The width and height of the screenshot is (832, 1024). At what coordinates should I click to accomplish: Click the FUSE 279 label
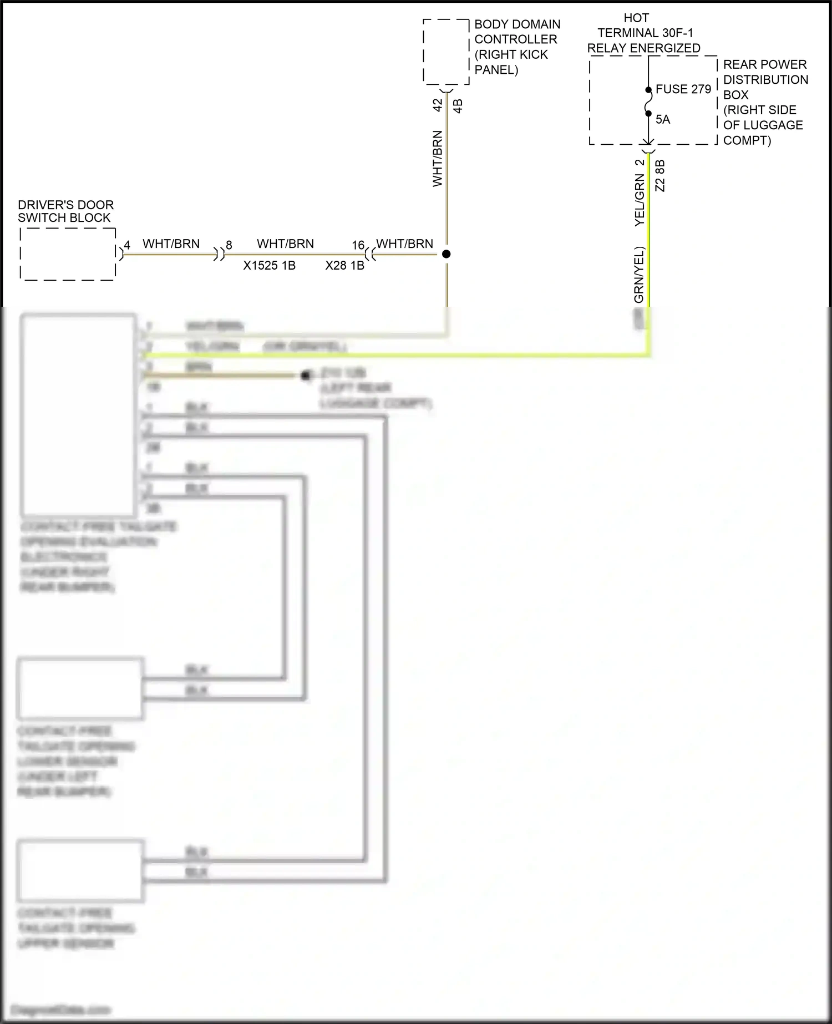683,89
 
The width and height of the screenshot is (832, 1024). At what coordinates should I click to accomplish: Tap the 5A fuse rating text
663,119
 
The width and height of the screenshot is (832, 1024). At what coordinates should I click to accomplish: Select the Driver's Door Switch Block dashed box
68,254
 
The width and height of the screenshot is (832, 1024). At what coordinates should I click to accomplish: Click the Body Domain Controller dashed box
446,52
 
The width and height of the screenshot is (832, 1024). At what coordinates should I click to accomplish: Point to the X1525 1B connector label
269,266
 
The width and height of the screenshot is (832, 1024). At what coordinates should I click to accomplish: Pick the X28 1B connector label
344,266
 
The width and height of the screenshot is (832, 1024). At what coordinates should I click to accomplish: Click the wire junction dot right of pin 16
446,254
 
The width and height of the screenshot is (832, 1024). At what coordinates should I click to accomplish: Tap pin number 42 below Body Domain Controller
438,105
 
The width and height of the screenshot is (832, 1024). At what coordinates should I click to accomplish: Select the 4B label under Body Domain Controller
458,105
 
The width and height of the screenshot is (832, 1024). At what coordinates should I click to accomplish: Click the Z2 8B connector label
659,176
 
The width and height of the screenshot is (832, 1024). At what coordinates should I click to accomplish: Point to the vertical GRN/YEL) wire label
639,275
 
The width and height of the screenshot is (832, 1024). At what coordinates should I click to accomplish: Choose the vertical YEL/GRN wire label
639,200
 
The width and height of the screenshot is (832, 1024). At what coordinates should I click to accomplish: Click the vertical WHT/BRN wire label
438,159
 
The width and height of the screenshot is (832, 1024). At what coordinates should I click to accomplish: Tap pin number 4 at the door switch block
127,245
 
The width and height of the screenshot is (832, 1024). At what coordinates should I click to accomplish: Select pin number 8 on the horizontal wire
229,245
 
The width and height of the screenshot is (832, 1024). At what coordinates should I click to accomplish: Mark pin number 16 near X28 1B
358,245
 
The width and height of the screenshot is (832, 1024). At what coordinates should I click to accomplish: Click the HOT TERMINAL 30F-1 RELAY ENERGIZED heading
644,33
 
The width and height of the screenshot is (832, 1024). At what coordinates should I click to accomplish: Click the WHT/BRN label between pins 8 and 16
285,244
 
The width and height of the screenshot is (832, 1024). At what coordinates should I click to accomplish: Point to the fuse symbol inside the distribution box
648,102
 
